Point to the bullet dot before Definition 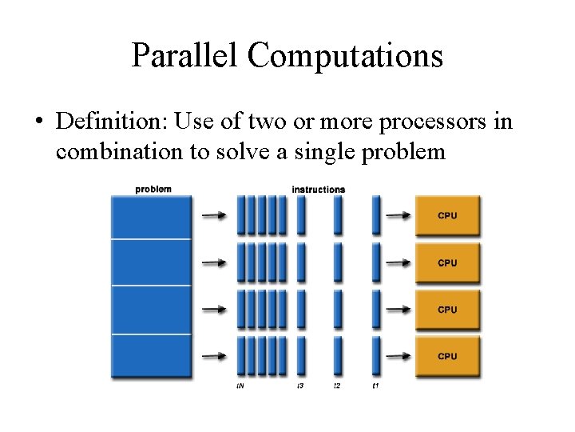(x=38, y=122)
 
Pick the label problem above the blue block (x=153, y=190)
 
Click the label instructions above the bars (x=318, y=190)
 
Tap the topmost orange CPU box (x=447, y=215)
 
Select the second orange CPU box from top (x=447, y=262)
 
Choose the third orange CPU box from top (x=447, y=310)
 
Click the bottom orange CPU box (x=447, y=356)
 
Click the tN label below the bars (x=240, y=386)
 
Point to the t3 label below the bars (x=300, y=386)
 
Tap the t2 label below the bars (x=337, y=386)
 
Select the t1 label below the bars (x=375, y=386)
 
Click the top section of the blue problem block (x=151, y=216)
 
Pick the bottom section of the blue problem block (x=151, y=356)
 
